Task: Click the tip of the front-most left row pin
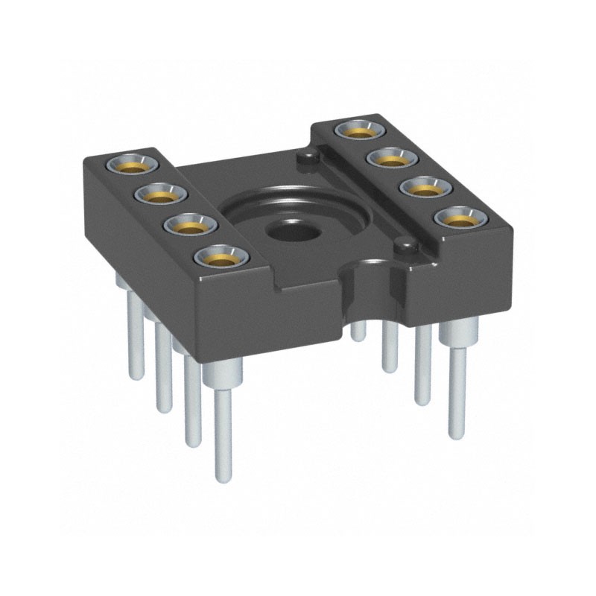221,477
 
